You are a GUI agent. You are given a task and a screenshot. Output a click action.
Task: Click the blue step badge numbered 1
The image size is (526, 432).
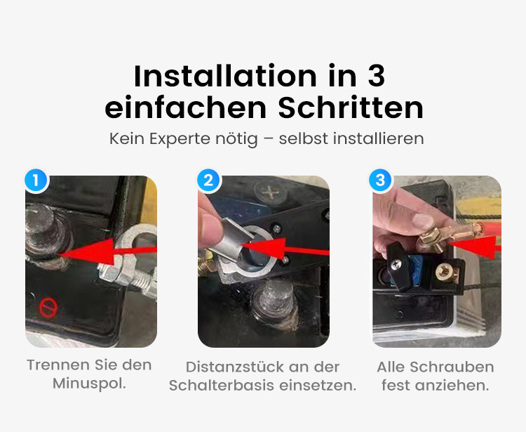tap(36, 180)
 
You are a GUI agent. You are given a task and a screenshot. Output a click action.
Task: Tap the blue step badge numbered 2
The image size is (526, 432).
tap(208, 180)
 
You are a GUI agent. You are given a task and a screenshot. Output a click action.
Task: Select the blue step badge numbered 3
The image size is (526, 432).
tap(380, 180)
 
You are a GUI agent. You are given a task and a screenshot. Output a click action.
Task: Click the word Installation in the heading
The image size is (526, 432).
tap(225, 77)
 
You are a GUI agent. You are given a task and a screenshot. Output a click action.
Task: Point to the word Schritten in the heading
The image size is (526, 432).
tap(351, 108)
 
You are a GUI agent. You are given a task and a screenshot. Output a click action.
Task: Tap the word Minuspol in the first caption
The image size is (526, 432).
tap(88, 384)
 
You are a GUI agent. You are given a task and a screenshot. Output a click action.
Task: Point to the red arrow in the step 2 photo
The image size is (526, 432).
tap(285, 248)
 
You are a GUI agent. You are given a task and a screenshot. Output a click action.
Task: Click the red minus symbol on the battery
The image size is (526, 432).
tap(48, 308)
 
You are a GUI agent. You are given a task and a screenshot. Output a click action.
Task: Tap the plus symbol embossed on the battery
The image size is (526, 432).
tap(270, 193)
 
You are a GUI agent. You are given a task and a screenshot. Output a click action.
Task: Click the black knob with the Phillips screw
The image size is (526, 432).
tap(397, 266)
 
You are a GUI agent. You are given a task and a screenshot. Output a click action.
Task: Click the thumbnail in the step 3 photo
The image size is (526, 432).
tap(424, 222)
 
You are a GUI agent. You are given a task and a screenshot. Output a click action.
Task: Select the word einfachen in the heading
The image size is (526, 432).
tap(186, 108)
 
